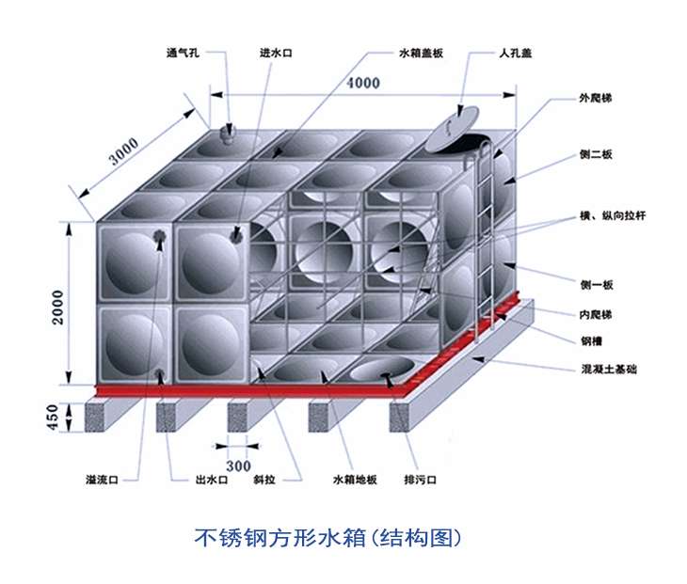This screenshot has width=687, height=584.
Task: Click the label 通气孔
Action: tap(183, 53)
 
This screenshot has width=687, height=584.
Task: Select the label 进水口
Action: tap(276, 53)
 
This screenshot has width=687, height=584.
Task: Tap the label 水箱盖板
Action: tap(421, 53)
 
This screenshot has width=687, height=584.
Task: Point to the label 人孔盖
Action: tap(516, 53)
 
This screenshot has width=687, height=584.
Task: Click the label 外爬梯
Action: tap(596, 98)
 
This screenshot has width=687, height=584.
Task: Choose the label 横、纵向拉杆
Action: tap(613, 215)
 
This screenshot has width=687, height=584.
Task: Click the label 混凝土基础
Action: tap(609, 369)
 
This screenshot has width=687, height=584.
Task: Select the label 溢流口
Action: tap(102, 480)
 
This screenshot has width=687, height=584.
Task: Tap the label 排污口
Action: tap(420, 480)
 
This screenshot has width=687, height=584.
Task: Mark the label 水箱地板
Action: tap(355, 480)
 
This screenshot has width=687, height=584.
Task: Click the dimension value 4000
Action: tap(363, 83)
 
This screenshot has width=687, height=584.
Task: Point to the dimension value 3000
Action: tap(124, 151)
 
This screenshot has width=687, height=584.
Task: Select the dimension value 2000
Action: tap(57, 307)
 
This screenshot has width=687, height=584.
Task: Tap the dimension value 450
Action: tap(52, 418)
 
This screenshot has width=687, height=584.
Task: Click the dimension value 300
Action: tap(238, 466)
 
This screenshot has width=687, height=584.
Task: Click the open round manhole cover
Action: tap(454, 128)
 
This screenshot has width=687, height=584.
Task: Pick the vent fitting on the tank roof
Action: tap(229, 134)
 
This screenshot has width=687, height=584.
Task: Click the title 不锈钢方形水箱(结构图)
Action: tap(328, 538)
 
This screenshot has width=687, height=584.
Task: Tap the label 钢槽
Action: tap(591, 341)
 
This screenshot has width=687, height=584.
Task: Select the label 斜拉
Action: tap(264, 480)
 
